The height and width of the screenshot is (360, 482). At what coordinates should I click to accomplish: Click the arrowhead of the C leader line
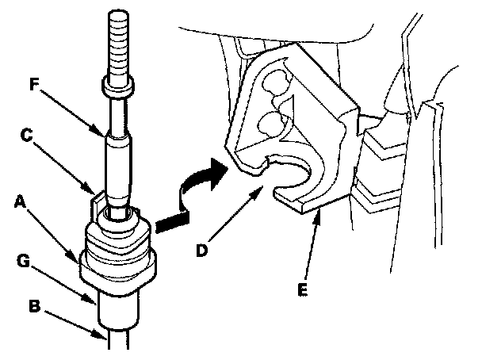(x=96, y=194)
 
